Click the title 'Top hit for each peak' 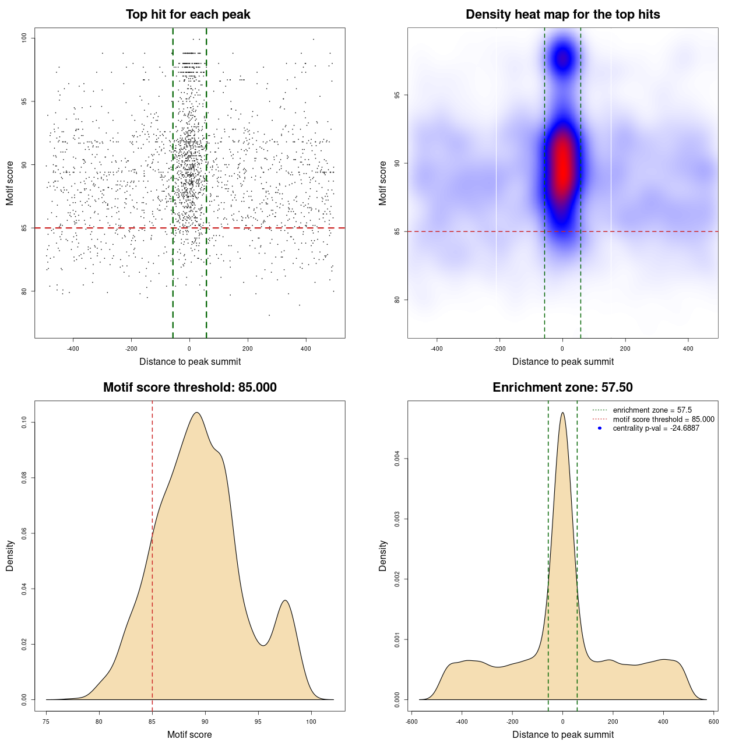(188, 15)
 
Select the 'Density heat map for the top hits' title (562, 15)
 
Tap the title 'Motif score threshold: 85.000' (189, 388)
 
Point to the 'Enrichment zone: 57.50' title (562, 388)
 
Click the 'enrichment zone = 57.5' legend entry (652, 410)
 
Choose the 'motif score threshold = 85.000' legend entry (663, 420)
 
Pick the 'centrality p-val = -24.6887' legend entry (656, 428)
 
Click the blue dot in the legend (600, 428)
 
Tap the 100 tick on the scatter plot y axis (24, 38)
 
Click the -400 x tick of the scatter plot (73, 349)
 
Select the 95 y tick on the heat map (397, 95)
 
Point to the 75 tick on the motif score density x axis (46, 722)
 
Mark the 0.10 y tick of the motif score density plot (24, 422)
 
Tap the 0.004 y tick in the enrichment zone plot (397, 459)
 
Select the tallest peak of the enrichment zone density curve (562, 413)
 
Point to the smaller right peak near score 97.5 (285, 601)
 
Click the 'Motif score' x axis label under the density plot (189, 734)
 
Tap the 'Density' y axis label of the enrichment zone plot (383, 555)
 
